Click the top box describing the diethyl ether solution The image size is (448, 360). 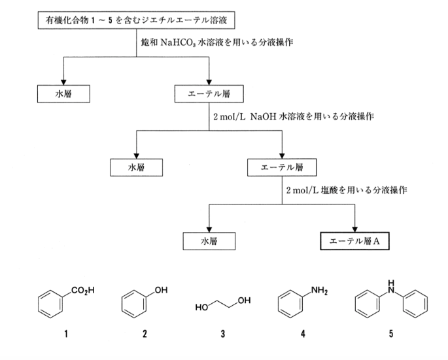pyautogui.click(x=128, y=22)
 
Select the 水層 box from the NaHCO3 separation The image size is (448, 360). pyautogui.click(x=63, y=95)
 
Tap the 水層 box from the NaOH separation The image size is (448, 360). pyautogui.click(x=135, y=167)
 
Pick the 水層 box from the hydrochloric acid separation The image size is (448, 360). pyautogui.click(x=208, y=240)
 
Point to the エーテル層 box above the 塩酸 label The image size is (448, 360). pyautogui.click(x=282, y=167)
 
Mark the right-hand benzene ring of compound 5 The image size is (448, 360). pyautogui.click(x=416, y=304)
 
